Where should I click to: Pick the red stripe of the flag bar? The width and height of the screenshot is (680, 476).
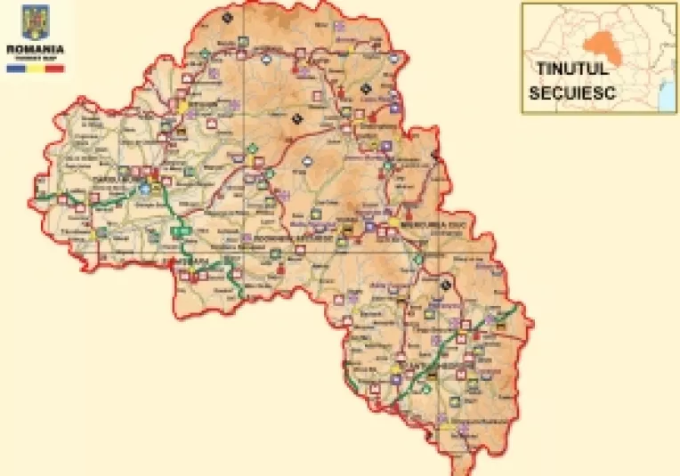coord(55,67)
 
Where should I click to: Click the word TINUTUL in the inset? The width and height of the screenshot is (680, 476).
coord(571,69)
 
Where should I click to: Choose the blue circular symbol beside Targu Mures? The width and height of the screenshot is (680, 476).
coord(144,189)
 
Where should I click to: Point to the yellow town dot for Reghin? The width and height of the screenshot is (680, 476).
coord(183,106)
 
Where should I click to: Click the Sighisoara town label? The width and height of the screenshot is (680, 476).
coord(200,260)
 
